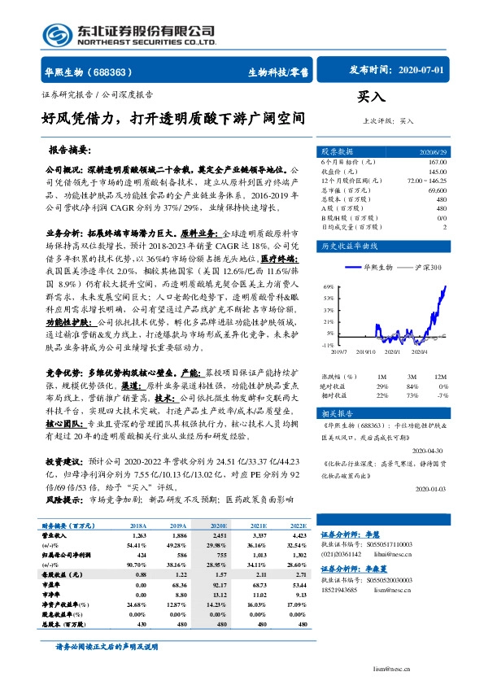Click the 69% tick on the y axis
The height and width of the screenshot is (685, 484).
(329, 287)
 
